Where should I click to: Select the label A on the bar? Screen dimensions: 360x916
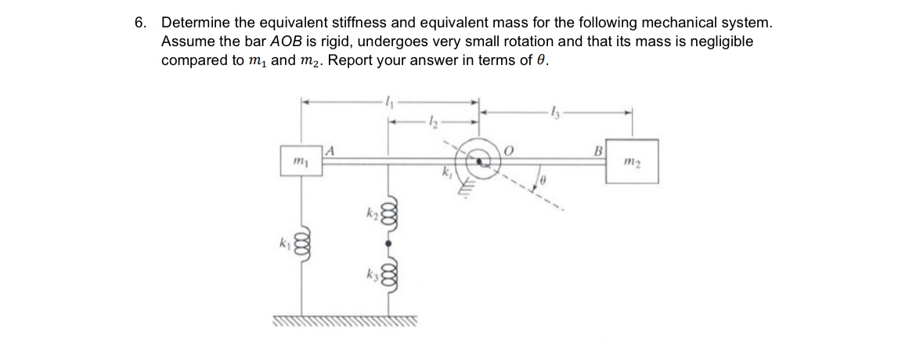tap(330, 149)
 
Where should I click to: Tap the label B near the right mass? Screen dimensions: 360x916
tap(600, 149)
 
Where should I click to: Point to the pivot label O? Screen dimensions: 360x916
tap(508, 149)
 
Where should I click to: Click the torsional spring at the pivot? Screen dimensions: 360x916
tap(480, 160)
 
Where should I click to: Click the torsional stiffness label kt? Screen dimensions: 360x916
tap(448, 176)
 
